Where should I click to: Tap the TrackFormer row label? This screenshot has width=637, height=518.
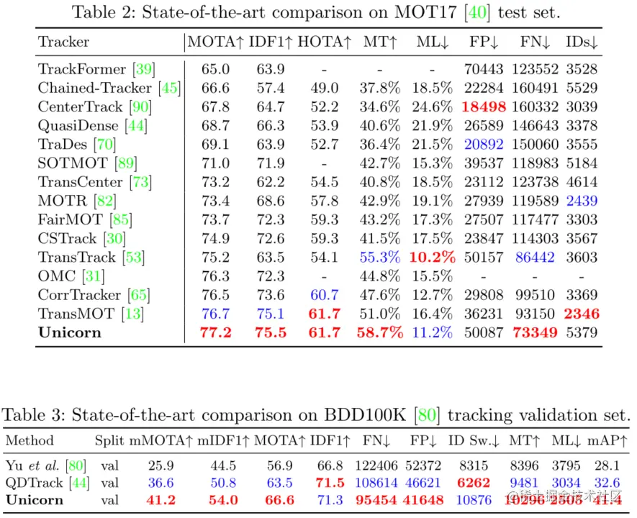pos(85,70)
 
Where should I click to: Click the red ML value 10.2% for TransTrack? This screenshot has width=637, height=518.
pos(433,257)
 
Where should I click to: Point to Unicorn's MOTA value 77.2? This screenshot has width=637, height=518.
pos(216,332)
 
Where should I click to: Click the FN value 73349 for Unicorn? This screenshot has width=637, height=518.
pos(533,332)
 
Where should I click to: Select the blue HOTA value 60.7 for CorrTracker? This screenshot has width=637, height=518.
pos(324,295)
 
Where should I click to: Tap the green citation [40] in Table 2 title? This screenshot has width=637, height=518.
pos(479,12)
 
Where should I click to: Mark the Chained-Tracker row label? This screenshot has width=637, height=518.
pos(99,88)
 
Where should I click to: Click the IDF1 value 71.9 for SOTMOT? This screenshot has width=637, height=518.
pos(266,163)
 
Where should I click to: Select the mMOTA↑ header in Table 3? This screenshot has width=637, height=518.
pos(161,440)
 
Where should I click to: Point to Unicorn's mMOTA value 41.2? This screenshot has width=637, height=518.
pos(161,500)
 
